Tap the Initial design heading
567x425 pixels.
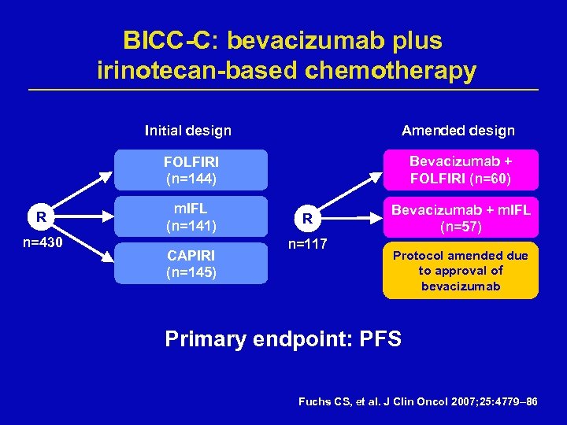(x=188, y=131)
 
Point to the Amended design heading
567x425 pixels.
(x=458, y=131)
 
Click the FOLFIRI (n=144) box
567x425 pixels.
(x=191, y=170)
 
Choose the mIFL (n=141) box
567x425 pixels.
(x=191, y=217)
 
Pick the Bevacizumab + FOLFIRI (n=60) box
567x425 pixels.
(x=461, y=170)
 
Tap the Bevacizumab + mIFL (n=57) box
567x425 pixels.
(x=461, y=217)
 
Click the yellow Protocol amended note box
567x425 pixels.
(x=461, y=271)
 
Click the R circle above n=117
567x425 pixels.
(x=308, y=218)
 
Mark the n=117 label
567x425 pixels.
(x=308, y=244)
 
